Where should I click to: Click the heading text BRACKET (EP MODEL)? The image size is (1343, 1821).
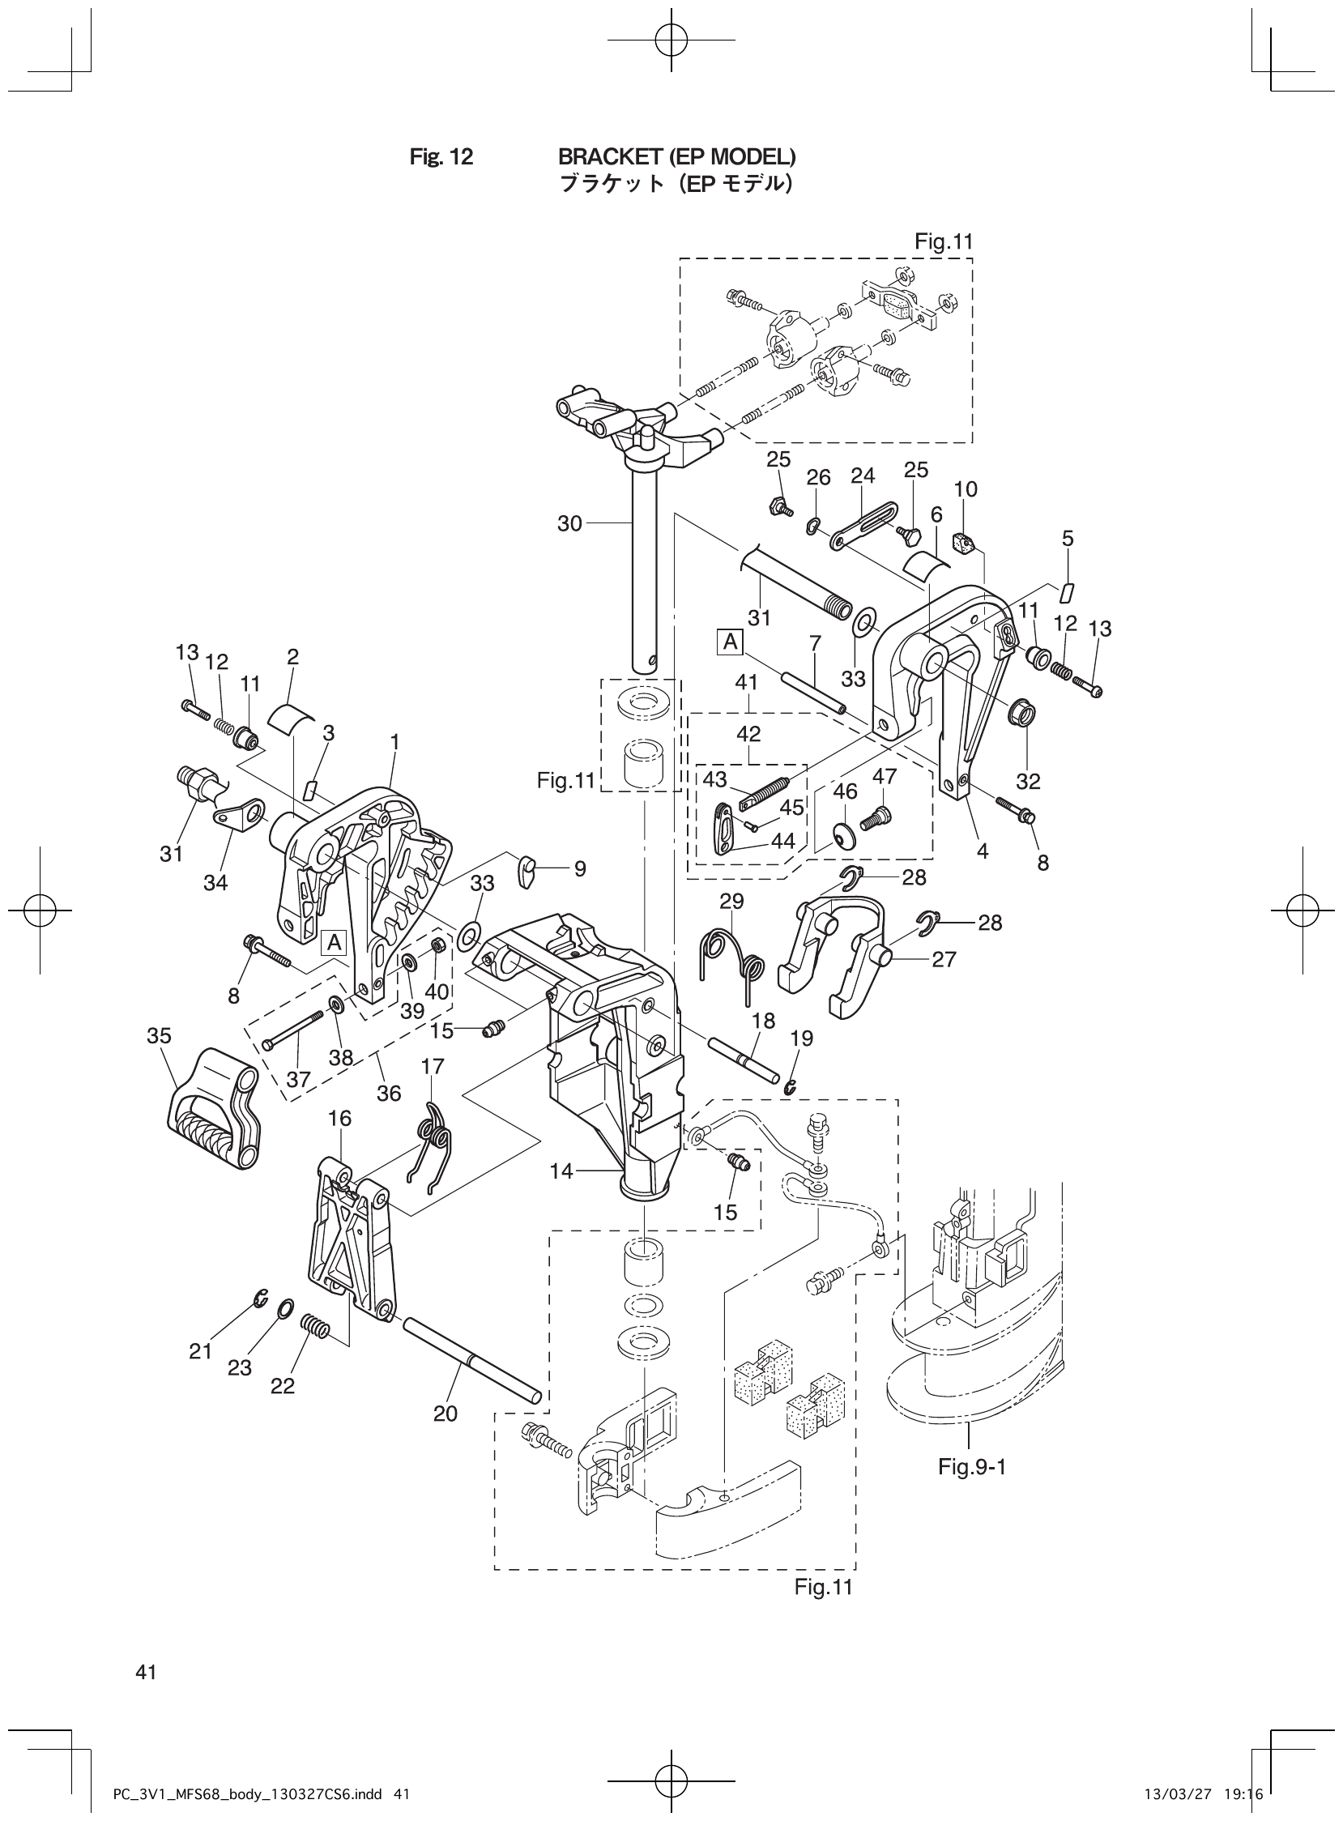[x=676, y=156]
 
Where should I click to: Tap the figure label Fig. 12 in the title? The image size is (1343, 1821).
[x=441, y=156]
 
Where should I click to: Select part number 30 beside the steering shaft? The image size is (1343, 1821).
[x=570, y=523]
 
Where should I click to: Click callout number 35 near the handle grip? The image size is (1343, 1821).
[x=160, y=1035]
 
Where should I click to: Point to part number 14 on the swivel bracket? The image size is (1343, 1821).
[x=562, y=1171]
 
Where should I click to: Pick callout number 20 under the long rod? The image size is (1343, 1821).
[x=446, y=1413]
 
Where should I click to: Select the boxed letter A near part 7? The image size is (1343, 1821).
[x=730, y=642]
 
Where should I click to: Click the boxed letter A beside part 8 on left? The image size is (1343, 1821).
[x=334, y=942]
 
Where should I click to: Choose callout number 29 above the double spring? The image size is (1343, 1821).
[x=731, y=901]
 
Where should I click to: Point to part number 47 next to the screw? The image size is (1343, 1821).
[x=884, y=776]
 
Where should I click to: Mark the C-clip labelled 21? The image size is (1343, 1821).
[x=259, y=1299]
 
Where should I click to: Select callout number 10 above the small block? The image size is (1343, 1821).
[x=966, y=489]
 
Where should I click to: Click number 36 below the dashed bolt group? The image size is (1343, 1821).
[x=389, y=1094]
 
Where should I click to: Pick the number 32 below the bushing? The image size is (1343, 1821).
[x=1029, y=781]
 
